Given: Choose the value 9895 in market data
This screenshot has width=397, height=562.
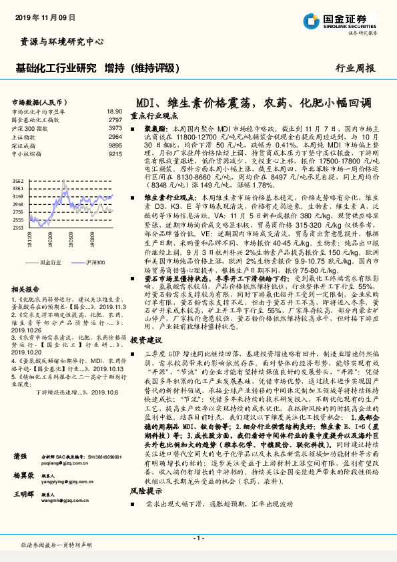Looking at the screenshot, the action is (115, 144).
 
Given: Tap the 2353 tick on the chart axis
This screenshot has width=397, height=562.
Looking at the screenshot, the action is (19, 227).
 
